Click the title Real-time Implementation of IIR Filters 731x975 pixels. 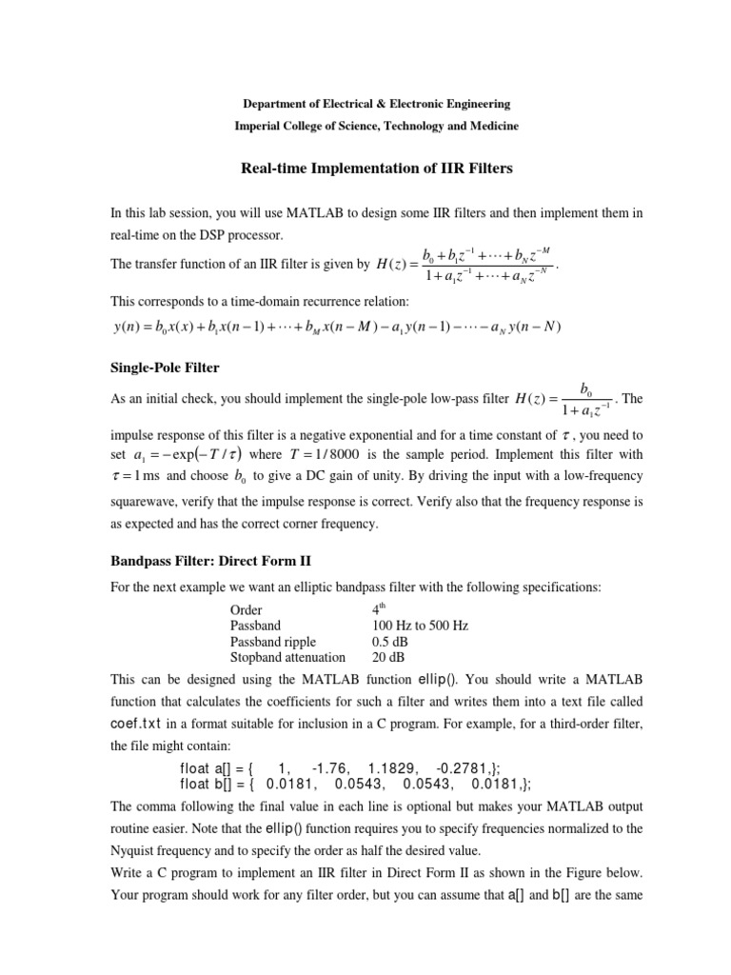365,169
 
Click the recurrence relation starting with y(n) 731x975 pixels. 336,328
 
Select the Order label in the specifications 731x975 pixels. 247,609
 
